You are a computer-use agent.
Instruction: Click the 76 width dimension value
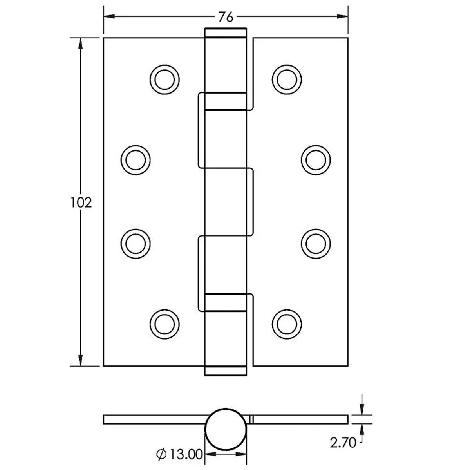(226, 17)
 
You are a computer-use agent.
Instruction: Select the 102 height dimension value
(81, 202)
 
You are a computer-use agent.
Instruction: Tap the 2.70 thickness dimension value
(343, 443)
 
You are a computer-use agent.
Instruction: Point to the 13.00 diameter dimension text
(186, 454)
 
